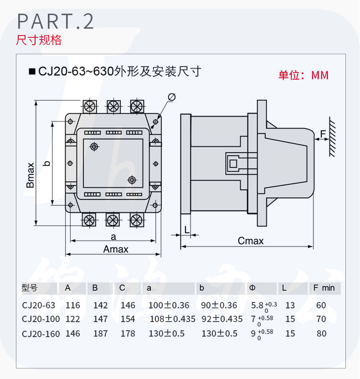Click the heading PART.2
tap(55, 22)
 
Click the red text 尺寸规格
tap(39, 40)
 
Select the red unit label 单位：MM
tap(303, 75)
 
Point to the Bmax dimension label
tap(31, 175)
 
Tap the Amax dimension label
tap(116, 249)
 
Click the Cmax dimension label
tap(251, 241)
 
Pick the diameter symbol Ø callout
tap(172, 97)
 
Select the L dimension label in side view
tap(187, 229)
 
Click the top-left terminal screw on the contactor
tap(90, 106)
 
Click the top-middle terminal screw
tap(113, 106)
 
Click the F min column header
tap(324, 288)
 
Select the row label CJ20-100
tap(41, 319)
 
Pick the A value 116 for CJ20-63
tap(72, 306)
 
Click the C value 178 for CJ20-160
tap(128, 333)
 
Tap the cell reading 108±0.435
tap(172, 319)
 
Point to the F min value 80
tap(322, 333)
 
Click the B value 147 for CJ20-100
tap(100, 319)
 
